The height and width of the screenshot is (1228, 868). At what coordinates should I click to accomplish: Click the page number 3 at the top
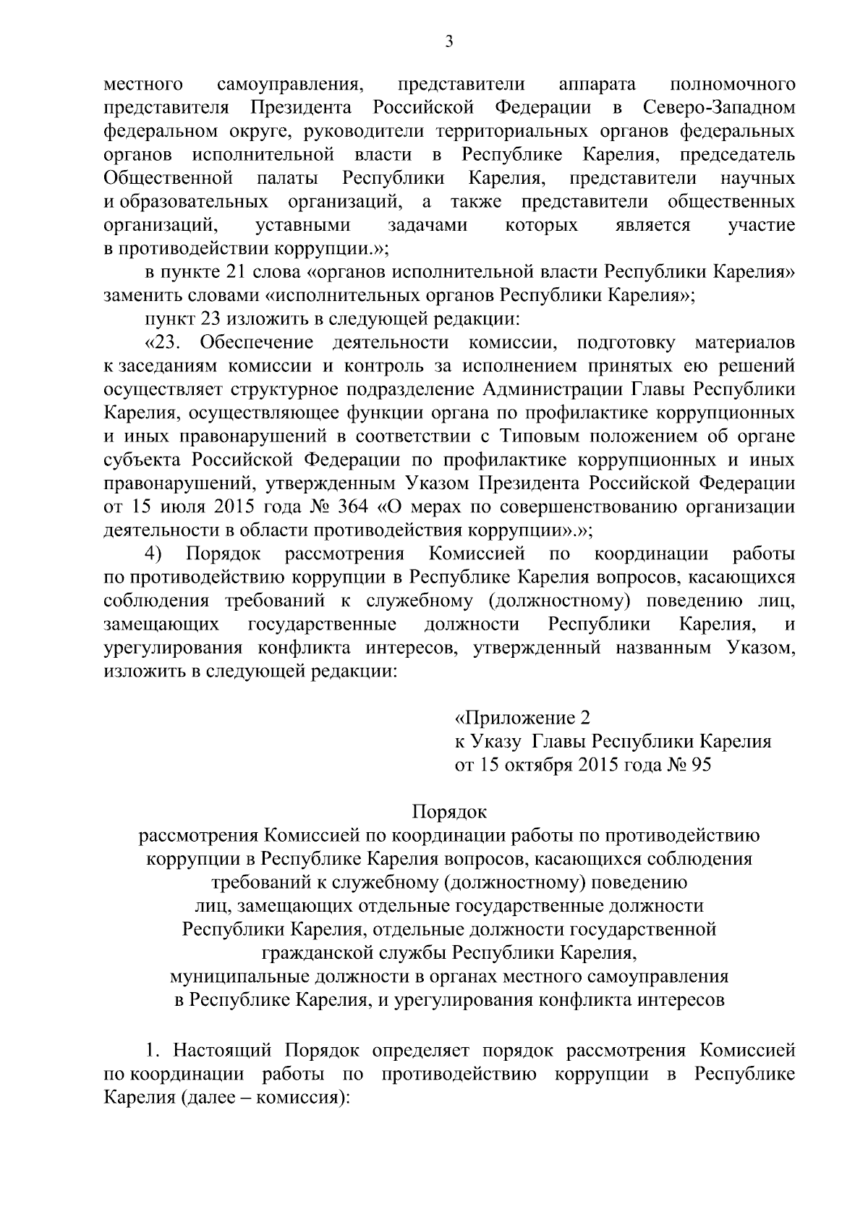click(x=449, y=43)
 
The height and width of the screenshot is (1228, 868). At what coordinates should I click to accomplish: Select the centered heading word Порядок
click(x=449, y=812)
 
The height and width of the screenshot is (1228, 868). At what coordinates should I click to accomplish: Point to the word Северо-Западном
click(x=718, y=108)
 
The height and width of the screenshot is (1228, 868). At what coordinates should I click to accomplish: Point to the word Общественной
click(x=168, y=178)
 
